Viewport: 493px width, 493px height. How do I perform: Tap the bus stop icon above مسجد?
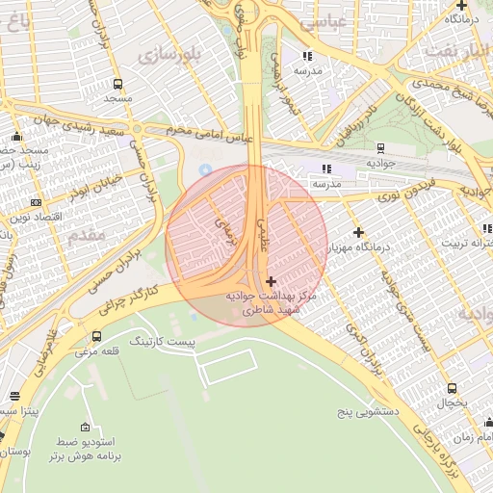(117, 84)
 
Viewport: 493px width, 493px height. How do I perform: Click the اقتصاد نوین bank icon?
(37, 202)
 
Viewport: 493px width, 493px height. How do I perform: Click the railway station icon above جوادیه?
(381, 147)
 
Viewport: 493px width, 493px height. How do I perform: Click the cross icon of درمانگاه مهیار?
(358, 232)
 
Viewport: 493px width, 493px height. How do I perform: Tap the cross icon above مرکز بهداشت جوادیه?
(270, 281)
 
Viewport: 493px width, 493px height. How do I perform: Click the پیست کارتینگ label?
(162, 342)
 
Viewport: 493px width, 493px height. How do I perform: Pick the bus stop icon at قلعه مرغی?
(96, 336)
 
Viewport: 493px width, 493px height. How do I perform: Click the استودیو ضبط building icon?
(86, 428)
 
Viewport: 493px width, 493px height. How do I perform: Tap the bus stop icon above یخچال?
(453, 387)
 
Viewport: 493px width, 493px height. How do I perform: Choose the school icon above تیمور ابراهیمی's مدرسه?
(308, 55)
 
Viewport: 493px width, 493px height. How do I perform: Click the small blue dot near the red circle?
(204, 169)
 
